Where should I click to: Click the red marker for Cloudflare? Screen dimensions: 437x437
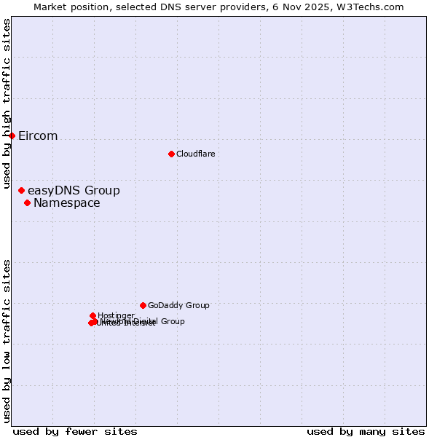coord(171,154)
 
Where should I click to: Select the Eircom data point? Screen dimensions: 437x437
coord(12,135)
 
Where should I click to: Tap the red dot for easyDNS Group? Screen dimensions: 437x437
coord(21,190)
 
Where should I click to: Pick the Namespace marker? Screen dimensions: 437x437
coord(27,202)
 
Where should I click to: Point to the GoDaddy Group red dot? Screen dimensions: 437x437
coord(143,305)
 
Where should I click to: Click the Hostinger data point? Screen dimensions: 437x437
coord(92,315)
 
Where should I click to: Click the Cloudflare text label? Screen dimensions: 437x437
coord(195,154)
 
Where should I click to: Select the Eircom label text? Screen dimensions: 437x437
coord(38,136)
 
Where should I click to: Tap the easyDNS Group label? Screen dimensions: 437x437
coord(74,191)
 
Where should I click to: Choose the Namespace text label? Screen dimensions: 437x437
coord(67,203)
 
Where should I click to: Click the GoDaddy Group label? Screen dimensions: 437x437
coord(178,306)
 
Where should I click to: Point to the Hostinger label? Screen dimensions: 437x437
coord(116,315)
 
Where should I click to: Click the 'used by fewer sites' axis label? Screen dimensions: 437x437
coord(75,431)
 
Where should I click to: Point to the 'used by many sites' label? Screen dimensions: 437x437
coord(366,431)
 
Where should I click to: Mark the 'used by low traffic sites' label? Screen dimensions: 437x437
coord(7,340)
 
